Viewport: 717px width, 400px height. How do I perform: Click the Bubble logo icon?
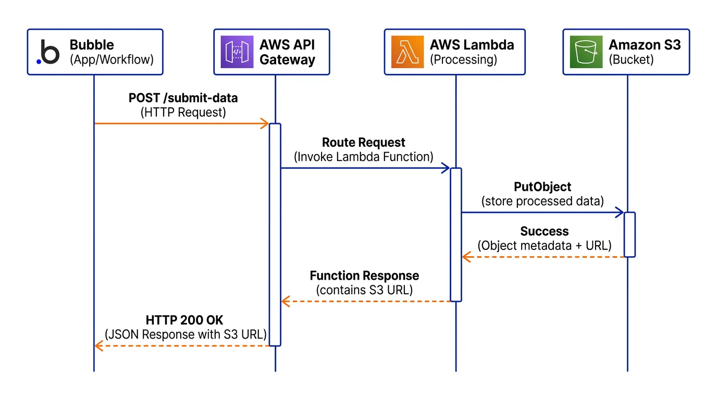(x=48, y=52)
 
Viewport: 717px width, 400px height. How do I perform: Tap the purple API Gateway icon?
(x=237, y=52)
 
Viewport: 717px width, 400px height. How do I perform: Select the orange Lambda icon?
(x=407, y=52)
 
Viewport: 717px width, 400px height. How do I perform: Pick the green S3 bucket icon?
(x=586, y=52)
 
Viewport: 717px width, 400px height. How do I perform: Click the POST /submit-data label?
(x=183, y=98)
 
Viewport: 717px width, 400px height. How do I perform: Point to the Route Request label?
(x=364, y=142)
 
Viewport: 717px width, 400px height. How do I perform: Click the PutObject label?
(x=542, y=186)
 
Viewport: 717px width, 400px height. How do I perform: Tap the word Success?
(x=545, y=231)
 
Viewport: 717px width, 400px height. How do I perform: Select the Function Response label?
(x=364, y=276)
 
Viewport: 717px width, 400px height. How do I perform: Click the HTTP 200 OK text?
(x=184, y=319)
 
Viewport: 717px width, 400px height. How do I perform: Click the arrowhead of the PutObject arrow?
(x=620, y=212)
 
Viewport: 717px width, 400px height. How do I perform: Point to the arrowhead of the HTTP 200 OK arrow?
(x=98, y=346)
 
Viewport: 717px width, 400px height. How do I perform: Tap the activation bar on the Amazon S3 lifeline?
(x=629, y=234)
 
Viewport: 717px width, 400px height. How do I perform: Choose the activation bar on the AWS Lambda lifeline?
(x=455, y=234)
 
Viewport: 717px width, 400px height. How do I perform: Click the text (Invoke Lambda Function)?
(x=364, y=157)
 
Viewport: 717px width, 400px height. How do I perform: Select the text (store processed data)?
(x=542, y=201)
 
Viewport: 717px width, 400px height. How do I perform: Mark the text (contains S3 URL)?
(x=364, y=290)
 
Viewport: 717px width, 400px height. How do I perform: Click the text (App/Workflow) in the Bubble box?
(x=112, y=59)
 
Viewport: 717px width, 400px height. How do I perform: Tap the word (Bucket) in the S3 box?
(x=631, y=59)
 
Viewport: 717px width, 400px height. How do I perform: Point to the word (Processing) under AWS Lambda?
(x=463, y=59)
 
